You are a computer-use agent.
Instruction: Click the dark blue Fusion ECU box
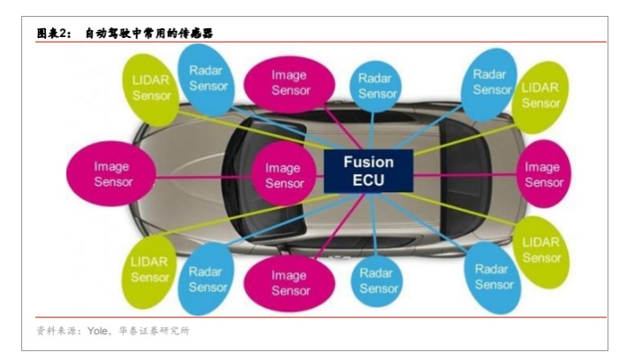coord(368,171)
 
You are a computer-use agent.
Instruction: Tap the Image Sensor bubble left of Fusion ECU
coord(283,175)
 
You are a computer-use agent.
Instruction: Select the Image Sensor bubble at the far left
coord(112,173)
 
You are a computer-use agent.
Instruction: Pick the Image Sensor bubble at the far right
coord(543,173)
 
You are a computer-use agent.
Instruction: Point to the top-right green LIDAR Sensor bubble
coord(540,96)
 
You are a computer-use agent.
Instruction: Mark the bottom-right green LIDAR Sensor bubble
coord(540,249)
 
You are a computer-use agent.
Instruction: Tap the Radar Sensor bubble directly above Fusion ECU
coord(378,86)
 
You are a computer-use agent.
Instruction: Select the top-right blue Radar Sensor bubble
coord(491,80)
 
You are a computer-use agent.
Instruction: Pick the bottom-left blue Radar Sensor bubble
coord(209,279)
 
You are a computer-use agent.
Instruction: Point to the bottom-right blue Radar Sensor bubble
coord(493,276)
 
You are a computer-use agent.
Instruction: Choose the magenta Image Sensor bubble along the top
coord(290,81)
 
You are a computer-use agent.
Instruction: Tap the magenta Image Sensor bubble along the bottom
coord(290,282)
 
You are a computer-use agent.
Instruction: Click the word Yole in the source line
coord(97,330)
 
